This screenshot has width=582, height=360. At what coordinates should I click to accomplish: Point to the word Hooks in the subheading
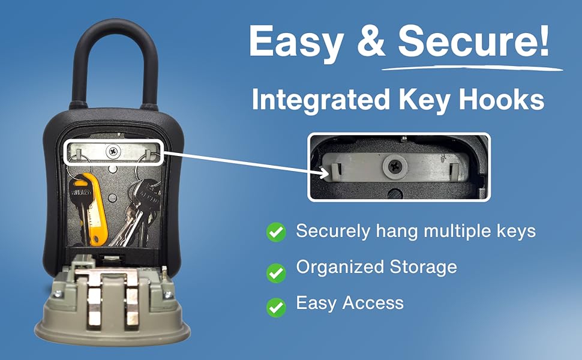(x=504, y=100)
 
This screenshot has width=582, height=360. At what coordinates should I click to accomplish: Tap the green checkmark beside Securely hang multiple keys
(x=276, y=232)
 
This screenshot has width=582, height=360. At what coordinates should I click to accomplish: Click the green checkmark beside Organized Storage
(x=276, y=272)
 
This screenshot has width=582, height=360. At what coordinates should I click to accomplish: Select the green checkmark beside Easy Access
(x=276, y=307)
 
